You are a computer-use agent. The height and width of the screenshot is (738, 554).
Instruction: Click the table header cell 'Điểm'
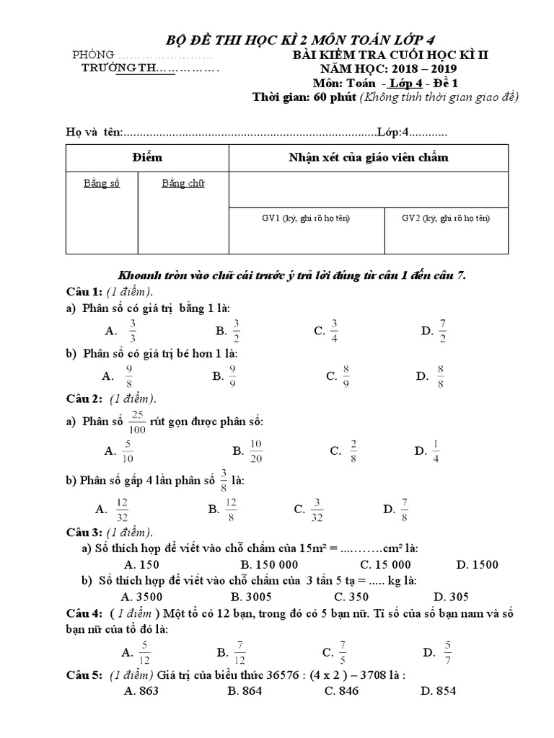(147, 157)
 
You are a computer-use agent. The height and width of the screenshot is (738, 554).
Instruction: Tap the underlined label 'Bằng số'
(101, 183)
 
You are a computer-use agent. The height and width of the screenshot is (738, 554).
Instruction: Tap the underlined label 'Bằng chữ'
(183, 183)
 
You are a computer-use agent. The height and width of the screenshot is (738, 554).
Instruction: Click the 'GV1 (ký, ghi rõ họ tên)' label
(305, 218)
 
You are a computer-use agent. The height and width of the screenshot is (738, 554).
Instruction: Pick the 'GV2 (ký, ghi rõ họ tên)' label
(446, 218)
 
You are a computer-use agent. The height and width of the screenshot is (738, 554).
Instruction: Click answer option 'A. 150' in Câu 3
(141, 564)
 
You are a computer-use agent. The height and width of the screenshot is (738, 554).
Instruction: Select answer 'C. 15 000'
(386, 564)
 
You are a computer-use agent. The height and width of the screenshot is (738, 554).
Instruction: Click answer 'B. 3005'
(250, 596)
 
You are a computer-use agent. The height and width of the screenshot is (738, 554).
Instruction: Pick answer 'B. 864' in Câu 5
(245, 691)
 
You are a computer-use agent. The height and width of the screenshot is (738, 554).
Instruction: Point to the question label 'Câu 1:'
(82, 292)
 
